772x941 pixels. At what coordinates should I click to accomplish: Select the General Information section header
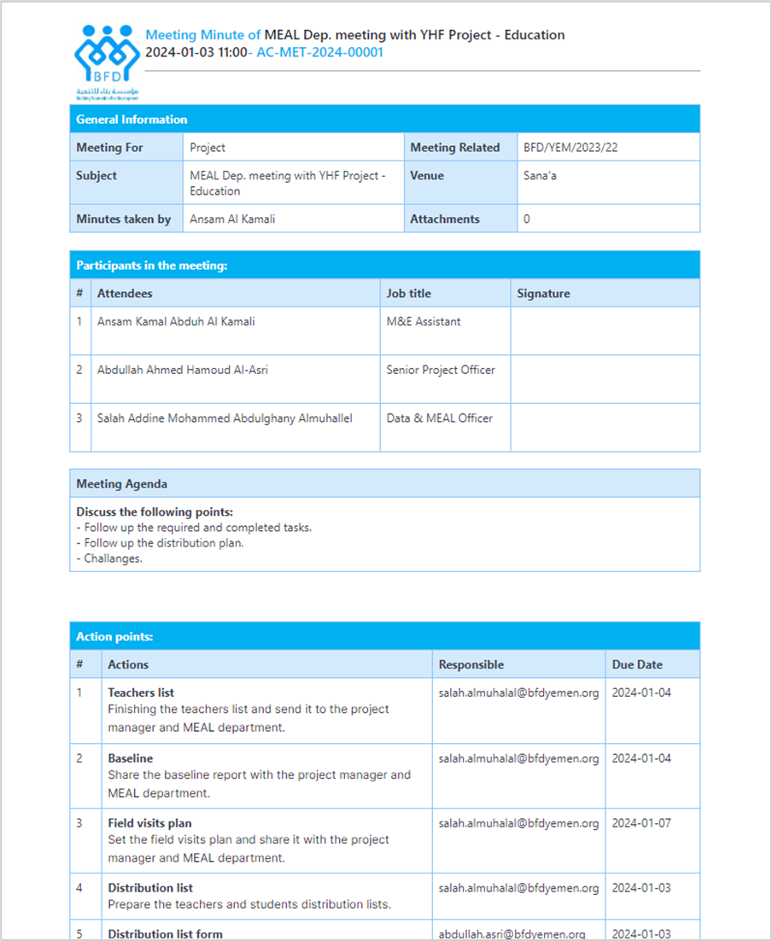click(x=132, y=120)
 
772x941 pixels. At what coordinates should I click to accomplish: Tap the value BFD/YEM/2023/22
click(x=570, y=148)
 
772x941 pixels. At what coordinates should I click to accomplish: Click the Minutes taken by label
click(x=123, y=219)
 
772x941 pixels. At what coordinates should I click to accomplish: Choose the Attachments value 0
click(x=527, y=219)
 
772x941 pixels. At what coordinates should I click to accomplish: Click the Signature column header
click(x=543, y=294)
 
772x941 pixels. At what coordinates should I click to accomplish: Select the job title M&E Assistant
click(x=424, y=322)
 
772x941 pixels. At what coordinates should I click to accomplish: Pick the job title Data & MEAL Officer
click(x=439, y=418)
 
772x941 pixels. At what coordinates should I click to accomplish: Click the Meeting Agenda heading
click(x=121, y=484)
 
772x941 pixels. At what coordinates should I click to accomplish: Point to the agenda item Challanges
click(x=113, y=558)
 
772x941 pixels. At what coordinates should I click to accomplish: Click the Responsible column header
click(x=471, y=664)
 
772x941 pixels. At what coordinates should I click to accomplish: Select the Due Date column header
click(x=637, y=664)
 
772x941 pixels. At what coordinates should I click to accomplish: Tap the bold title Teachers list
click(x=141, y=693)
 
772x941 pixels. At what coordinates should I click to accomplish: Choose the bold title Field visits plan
click(x=149, y=823)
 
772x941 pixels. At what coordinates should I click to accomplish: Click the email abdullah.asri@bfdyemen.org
click(x=512, y=934)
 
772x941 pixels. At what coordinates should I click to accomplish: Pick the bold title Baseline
click(x=131, y=758)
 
